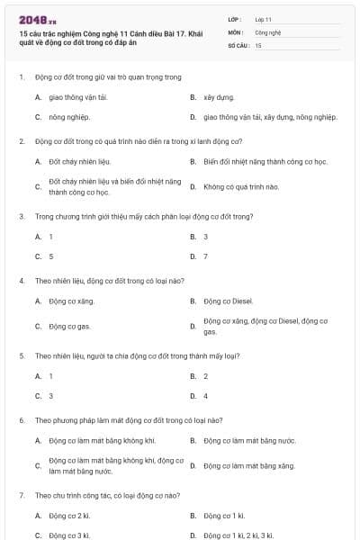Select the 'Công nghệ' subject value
click(268, 31)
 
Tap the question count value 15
click(258, 44)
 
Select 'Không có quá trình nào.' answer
click(241, 187)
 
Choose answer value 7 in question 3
click(205, 256)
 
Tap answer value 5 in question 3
click(50, 256)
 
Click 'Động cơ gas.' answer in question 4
click(70, 327)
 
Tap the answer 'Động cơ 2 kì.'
click(69, 516)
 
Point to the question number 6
click(22, 420)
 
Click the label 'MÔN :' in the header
click(236, 31)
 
